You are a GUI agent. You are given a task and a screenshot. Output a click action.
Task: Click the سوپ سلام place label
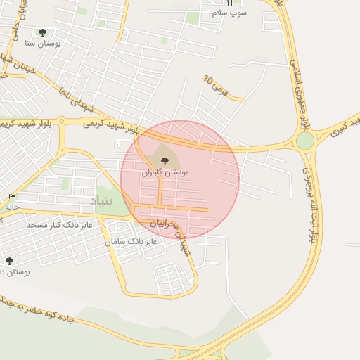(x=230, y=13)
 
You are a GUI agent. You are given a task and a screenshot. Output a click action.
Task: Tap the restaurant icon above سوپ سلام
(x=229, y=3)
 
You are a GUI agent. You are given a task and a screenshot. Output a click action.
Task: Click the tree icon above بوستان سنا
(x=42, y=32)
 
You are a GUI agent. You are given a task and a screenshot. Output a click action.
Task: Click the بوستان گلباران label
(x=165, y=172)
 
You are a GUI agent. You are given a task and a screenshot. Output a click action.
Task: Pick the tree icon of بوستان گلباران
(x=165, y=161)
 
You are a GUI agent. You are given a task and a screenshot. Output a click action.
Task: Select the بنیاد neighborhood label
(x=101, y=201)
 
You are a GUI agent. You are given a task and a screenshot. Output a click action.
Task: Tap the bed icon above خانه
(x=11, y=196)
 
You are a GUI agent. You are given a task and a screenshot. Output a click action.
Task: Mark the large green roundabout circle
(x=305, y=141)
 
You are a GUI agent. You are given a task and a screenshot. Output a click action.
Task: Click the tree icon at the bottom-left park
(x=9, y=261)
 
